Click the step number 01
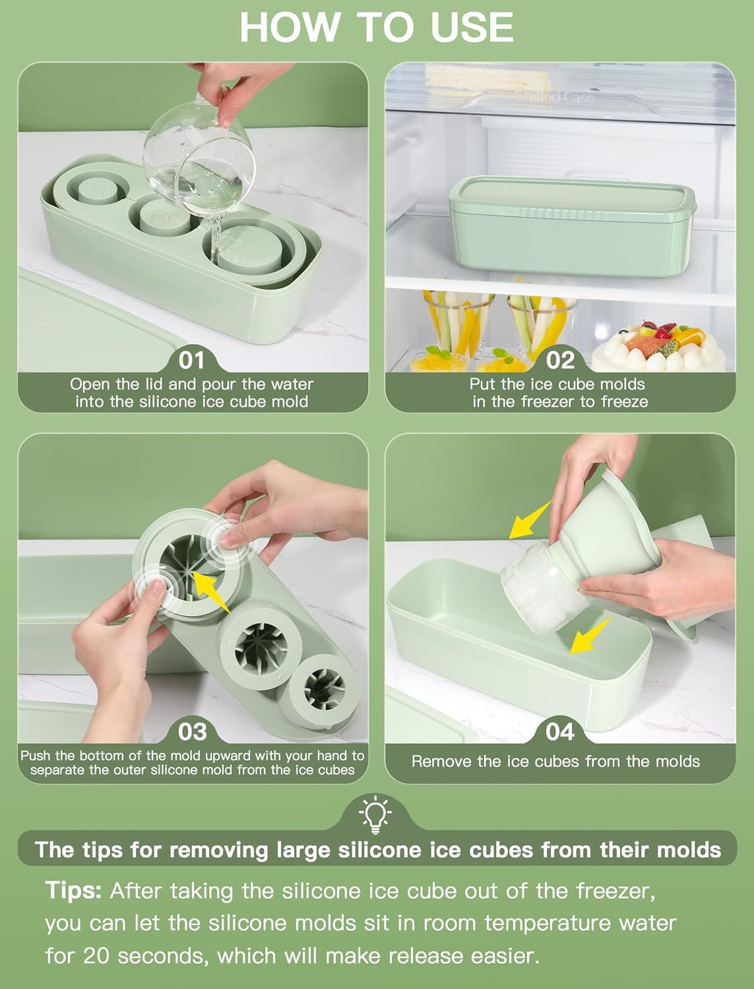click(192, 360)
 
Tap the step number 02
click(560, 360)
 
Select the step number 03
click(192, 732)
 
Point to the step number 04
click(560, 732)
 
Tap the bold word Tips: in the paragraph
click(73, 891)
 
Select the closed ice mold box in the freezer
click(572, 224)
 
